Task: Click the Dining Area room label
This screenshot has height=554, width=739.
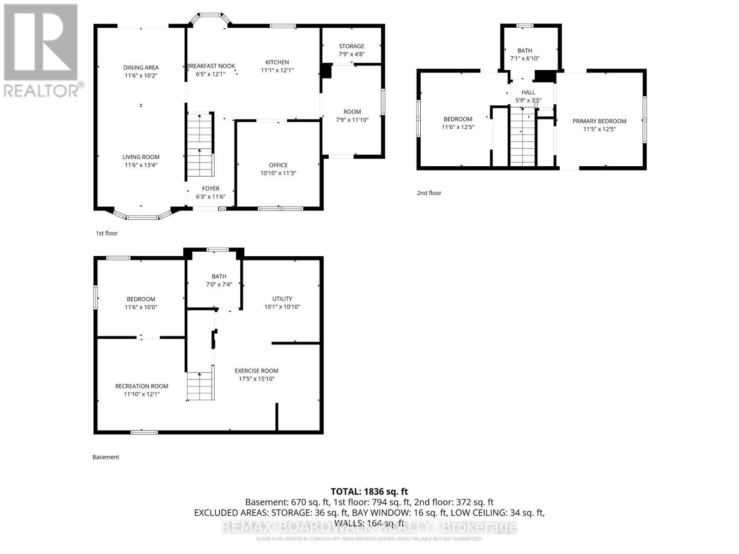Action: click(x=141, y=68)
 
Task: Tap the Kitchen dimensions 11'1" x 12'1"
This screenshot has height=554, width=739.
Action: click(x=277, y=70)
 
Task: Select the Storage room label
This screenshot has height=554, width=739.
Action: click(x=351, y=46)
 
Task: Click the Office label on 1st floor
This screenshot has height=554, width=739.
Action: click(x=278, y=165)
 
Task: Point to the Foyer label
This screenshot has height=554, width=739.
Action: click(x=211, y=189)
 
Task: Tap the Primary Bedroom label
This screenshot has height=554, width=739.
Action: click(x=600, y=121)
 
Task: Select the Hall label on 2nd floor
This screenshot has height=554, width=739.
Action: click(x=528, y=92)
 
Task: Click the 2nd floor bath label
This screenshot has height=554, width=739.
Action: click(x=525, y=51)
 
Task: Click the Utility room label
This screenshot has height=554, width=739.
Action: click(x=282, y=299)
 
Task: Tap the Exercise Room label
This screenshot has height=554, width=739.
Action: click(x=256, y=371)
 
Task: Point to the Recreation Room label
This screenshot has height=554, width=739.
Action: click(x=142, y=386)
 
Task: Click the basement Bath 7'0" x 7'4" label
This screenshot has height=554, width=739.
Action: click(x=219, y=280)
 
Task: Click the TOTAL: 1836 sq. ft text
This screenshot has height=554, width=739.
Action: click(x=369, y=492)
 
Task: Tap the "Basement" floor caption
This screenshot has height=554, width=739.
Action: click(x=106, y=457)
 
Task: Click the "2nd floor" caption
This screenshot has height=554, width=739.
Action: click(x=429, y=193)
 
